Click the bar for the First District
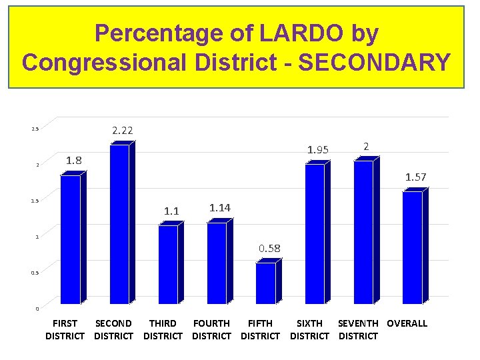click(70, 239)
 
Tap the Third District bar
click(167, 265)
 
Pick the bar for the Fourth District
click(216, 263)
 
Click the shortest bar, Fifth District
click(265, 283)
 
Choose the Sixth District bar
click(315, 234)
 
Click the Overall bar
click(412, 247)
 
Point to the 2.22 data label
click(122, 131)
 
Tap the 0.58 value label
click(270, 249)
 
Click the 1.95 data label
click(317, 149)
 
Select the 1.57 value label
click(416, 177)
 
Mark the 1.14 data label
click(220, 208)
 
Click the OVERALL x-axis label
click(407, 323)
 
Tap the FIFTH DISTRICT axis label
click(260, 329)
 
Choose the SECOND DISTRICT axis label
click(113, 329)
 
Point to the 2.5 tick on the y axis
click(35, 129)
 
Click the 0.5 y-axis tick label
click(35, 273)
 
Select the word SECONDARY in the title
click(375, 63)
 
